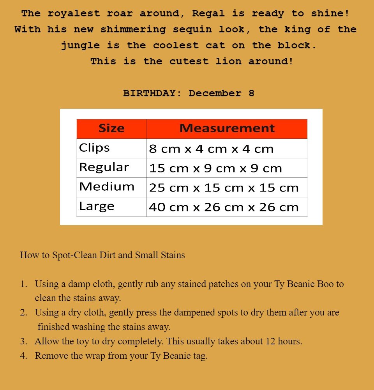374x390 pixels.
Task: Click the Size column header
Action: coord(111,128)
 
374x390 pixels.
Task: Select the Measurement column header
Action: coord(227,128)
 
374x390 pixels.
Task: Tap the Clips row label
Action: coord(94,148)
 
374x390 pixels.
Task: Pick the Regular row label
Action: coord(104,167)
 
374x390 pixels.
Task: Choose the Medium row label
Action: coord(106,187)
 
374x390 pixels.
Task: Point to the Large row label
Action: coord(97,206)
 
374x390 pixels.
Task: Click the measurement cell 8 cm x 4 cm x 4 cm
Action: coord(211,149)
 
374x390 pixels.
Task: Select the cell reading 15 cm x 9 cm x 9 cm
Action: coord(215,168)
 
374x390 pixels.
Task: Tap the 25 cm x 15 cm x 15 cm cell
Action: coord(224,188)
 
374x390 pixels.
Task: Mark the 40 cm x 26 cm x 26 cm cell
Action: coord(224,207)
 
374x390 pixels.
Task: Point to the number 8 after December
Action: coord(251,94)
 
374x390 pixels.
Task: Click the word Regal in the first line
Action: coord(208,14)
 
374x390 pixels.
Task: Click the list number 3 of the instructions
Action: coord(23,342)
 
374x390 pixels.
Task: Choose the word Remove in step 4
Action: coord(50,356)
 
